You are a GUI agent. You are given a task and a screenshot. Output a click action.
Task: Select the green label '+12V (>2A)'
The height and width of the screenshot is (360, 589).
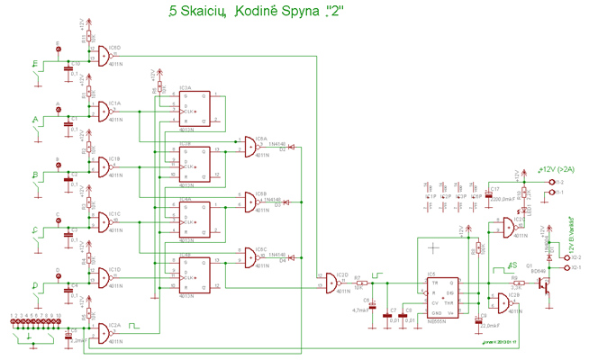pyautogui.click(x=557, y=168)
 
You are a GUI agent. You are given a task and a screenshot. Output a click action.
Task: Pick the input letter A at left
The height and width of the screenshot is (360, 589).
pyautogui.click(x=35, y=119)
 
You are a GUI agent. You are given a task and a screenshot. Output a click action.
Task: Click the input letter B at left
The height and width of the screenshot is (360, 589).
pyautogui.click(x=35, y=175)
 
